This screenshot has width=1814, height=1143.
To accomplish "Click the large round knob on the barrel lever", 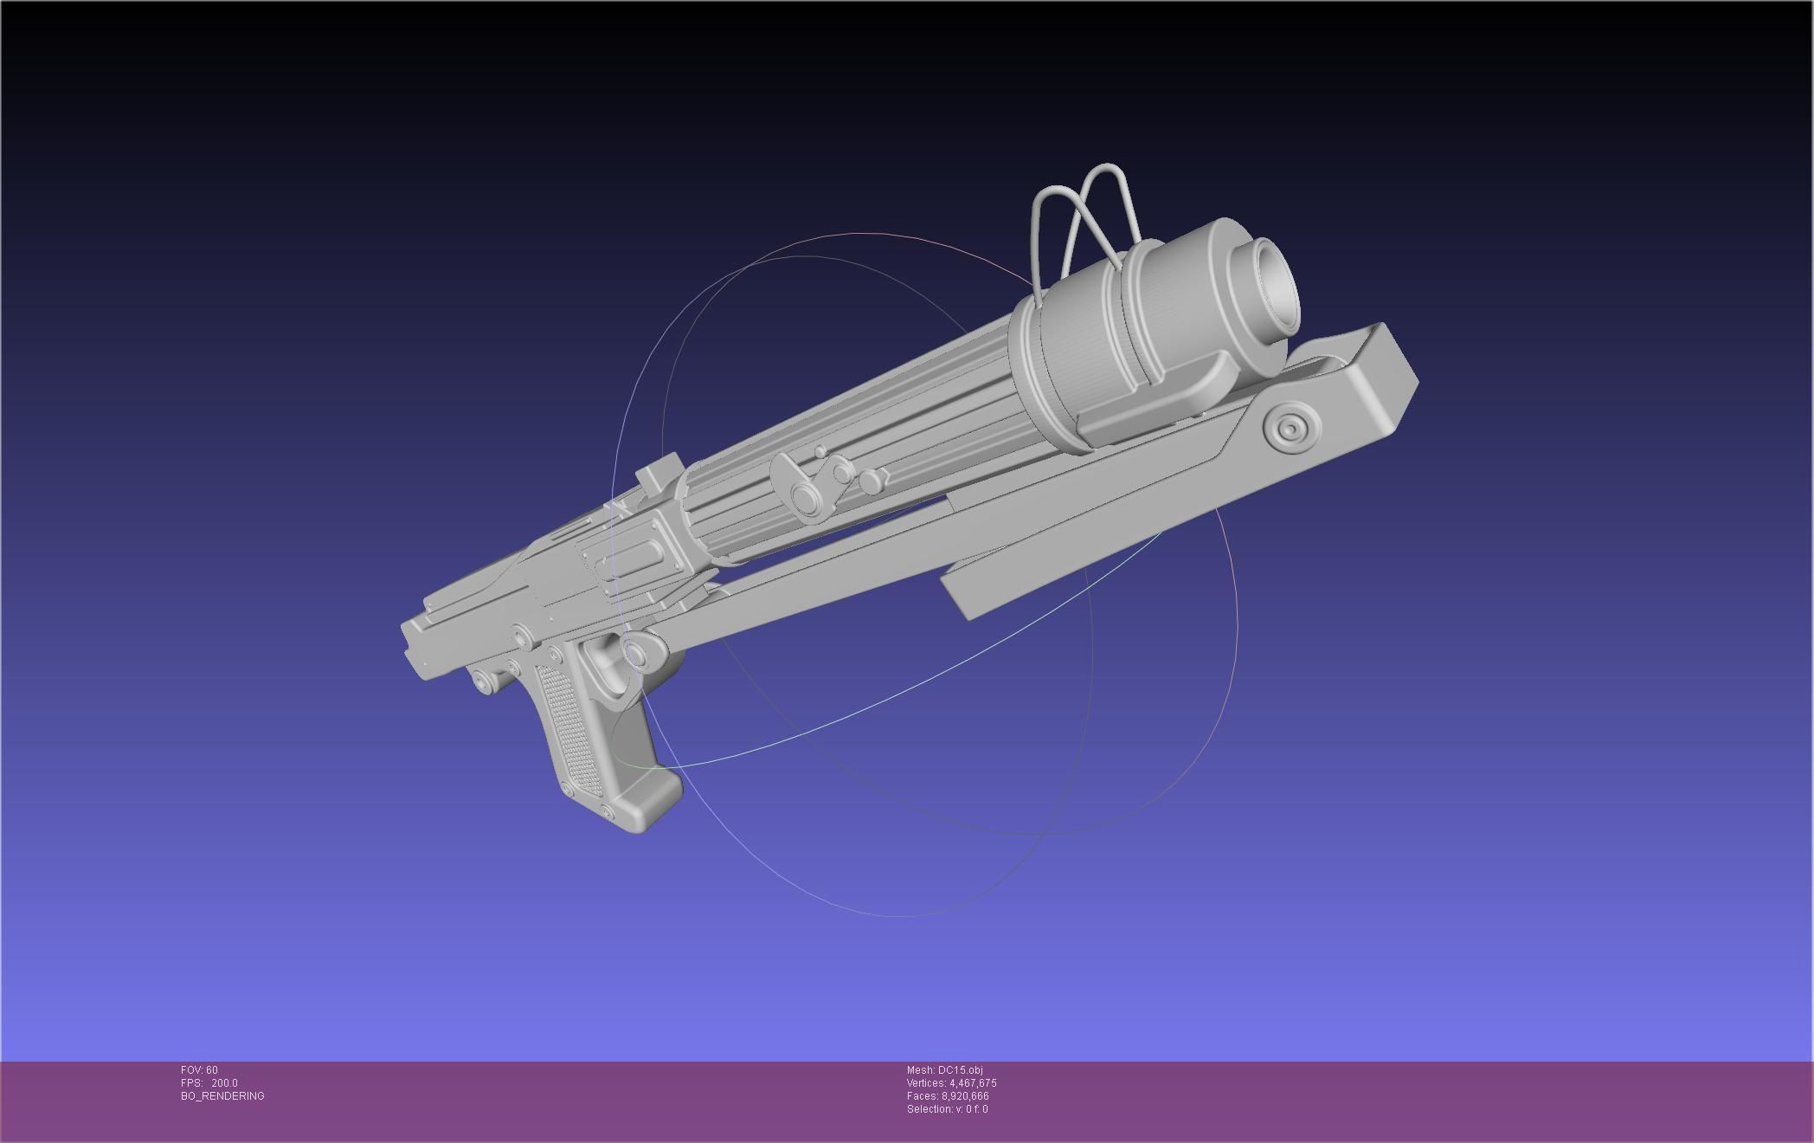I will pos(806,500).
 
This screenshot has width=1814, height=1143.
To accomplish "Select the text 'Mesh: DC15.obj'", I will pos(944,1070).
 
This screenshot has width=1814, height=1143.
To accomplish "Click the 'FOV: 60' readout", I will pos(199,1070).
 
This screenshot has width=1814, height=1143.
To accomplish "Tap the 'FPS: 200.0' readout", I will pos(209,1083).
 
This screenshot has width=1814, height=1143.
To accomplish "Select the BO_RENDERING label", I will pos(222,1096).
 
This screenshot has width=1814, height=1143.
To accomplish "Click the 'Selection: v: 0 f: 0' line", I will pos(947,1109).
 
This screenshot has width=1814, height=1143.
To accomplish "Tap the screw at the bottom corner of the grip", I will pos(606,813).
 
